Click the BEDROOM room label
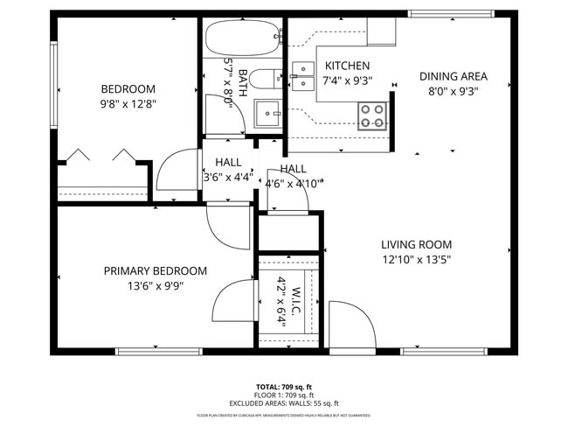coord(128,88)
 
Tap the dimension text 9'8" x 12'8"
coord(128,103)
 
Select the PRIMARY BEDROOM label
coord(155,271)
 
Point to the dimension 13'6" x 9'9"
coord(155,285)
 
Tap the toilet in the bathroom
coord(262,80)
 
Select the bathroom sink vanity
coord(267,112)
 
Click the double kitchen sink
coord(303,76)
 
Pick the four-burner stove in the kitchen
coord(372,115)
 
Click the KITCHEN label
coord(347,66)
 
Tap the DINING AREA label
coord(453,76)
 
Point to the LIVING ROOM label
coord(416,245)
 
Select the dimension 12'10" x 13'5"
coord(416,259)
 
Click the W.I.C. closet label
coord(296,306)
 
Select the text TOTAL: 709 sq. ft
coord(284,386)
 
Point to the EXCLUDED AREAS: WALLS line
coord(284,403)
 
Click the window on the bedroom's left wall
coord(53,85)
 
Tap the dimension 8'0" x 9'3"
coord(453,90)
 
